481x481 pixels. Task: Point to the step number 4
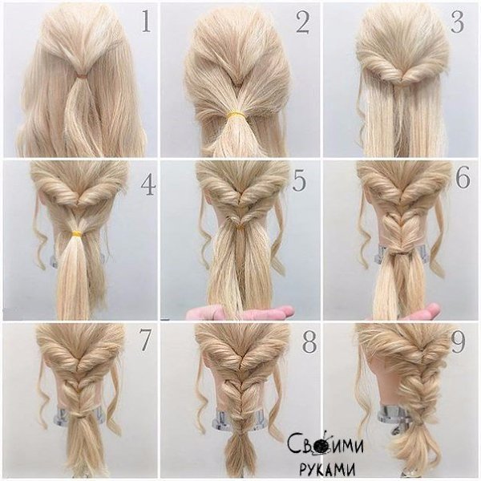point(148,185)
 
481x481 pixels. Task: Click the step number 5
point(299,181)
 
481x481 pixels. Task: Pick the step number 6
point(463,178)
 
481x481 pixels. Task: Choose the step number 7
point(144,341)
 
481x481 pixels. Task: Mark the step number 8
point(309,342)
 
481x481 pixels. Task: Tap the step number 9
point(458,342)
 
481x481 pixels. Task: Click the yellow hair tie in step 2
point(236,115)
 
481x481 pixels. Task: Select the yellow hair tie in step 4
point(76,234)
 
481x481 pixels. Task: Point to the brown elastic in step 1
point(82,75)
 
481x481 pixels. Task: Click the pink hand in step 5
point(239,312)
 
